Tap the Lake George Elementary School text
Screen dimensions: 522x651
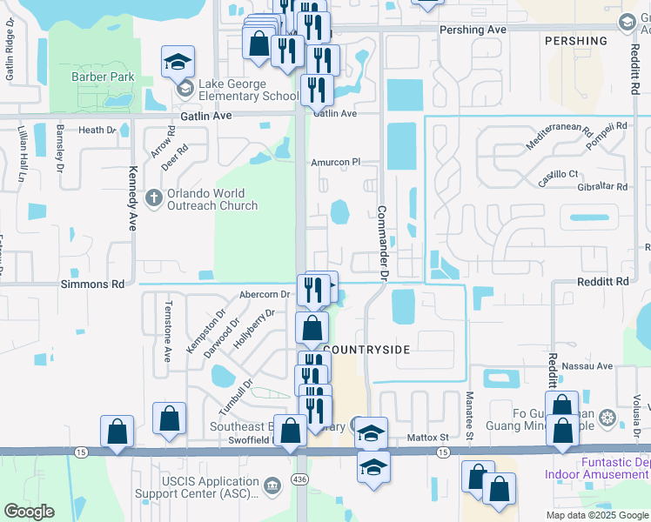coord(248,96)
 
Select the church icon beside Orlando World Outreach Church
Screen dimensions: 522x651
coord(153,197)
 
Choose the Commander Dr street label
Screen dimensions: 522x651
coord(381,243)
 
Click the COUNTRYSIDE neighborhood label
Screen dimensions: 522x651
coord(366,349)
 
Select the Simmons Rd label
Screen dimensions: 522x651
coord(92,284)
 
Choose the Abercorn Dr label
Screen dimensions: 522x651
coord(264,295)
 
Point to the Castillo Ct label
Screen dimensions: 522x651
coord(557,175)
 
